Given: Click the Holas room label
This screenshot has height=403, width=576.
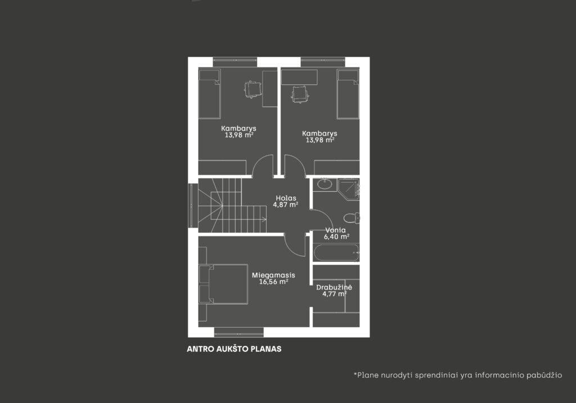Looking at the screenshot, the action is tap(286, 198).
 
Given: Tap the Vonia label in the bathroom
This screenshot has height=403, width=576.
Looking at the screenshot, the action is tap(335, 230).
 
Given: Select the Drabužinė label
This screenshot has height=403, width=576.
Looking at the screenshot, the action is tap(334, 287).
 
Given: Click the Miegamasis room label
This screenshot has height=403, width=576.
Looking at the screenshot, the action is tap(273, 275).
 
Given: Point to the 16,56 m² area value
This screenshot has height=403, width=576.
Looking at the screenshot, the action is tap(273, 282).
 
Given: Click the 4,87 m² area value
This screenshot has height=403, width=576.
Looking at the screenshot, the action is tap(285, 205).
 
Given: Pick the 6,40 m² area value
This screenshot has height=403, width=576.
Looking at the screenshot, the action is tap(336, 237).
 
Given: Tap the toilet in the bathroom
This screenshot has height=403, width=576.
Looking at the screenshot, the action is tap(352, 218).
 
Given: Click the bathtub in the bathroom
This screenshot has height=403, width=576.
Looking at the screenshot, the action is tap(336, 252).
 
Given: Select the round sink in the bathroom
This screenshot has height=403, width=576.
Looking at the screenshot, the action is tap(325, 184).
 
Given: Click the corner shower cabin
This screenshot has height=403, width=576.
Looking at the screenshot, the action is tap(349, 189).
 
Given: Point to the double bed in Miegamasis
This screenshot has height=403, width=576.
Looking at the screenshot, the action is tap(223, 284).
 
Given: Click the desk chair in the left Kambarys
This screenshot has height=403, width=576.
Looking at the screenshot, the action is tap(253, 89).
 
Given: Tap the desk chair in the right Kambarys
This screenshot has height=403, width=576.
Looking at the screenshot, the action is tap(300, 94).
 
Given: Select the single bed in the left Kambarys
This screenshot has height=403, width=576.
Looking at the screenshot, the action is tap(209, 94).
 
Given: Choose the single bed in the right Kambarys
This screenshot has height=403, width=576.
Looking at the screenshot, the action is tap(348, 94).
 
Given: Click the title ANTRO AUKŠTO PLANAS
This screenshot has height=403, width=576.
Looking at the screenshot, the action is tap(234, 349).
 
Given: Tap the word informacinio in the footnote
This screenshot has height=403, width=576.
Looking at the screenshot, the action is tap(499, 375).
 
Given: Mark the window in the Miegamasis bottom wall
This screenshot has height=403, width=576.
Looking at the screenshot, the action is tap(238, 332).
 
